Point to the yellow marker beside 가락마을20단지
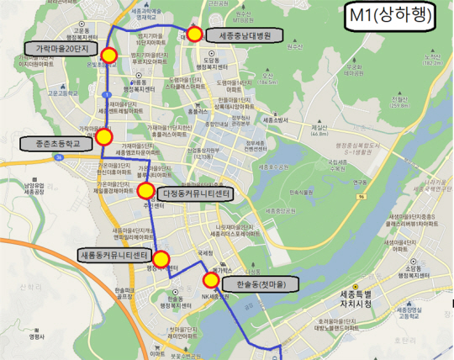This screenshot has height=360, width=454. pos(108,56)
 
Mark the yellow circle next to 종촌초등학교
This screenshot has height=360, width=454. pos(104,136)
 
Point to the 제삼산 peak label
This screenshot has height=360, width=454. pos(319,130)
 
